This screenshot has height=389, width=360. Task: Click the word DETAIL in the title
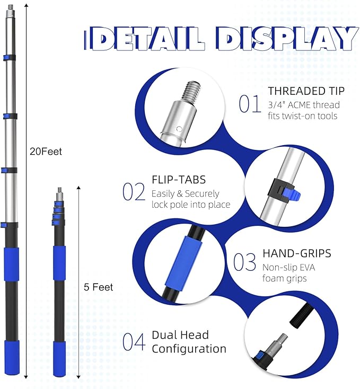pyautogui.click(x=145, y=39)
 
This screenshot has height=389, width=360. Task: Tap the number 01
pyautogui.click(x=250, y=104)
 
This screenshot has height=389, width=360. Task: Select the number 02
pyautogui.click(x=134, y=191)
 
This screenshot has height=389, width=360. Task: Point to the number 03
pyautogui.click(x=244, y=262)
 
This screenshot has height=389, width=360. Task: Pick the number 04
pyautogui.click(x=134, y=342)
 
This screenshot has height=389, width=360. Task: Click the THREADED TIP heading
pyautogui.click(x=306, y=91)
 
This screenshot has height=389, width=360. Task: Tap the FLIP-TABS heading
pyautogui.click(x=179, y=180)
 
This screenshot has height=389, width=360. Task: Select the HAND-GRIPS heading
pyautogui.click(x=297, y=253)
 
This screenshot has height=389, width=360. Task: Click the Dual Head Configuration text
pyautogui.click(x=189, y=342)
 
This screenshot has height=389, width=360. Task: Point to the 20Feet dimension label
pyautogui.click(x=46, y=152)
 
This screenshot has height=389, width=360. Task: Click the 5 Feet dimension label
pyautogui.click(x=98, y=287)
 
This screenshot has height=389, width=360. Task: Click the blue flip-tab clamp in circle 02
pyautogui.click(x=292, y=194)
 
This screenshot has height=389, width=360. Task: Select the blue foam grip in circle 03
pyautogui.click(x=183, y=263)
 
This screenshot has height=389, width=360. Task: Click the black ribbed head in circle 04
pyautogui.click(x=301, y=316)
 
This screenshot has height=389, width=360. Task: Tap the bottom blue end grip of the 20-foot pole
pyautogui.click(x=12, y=357)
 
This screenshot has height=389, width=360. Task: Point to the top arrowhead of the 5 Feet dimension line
pyautogui.click(x=78, y=188)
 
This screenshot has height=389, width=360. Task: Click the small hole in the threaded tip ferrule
pyautogui.click(x=179, y=129)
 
